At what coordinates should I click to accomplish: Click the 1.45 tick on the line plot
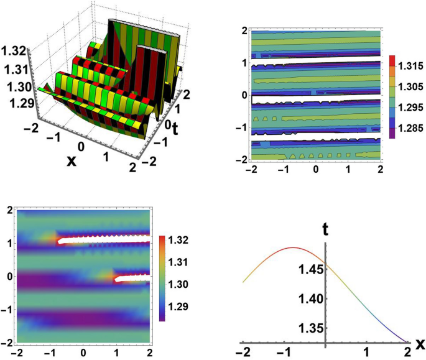(309, 269)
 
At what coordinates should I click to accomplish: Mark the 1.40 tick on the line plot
(309, 298)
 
